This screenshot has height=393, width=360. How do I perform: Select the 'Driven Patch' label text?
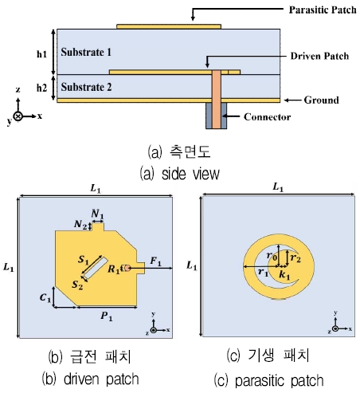[x=315, y=57]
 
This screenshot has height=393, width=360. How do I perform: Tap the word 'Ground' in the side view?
[x=323, y=100]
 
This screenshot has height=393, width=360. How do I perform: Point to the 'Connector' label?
[x=255, y=118]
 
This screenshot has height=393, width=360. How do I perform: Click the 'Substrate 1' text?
[x=87, y=51]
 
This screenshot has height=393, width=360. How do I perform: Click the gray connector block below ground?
[x=217, y=116]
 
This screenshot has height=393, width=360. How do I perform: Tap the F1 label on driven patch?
[x=156, y=261]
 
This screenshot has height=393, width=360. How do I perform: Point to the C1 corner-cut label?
[x=45, y=297]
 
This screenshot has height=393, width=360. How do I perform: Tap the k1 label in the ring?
[x=285, y=273]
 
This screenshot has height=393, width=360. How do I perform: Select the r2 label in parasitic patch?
[x=295, y=258]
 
